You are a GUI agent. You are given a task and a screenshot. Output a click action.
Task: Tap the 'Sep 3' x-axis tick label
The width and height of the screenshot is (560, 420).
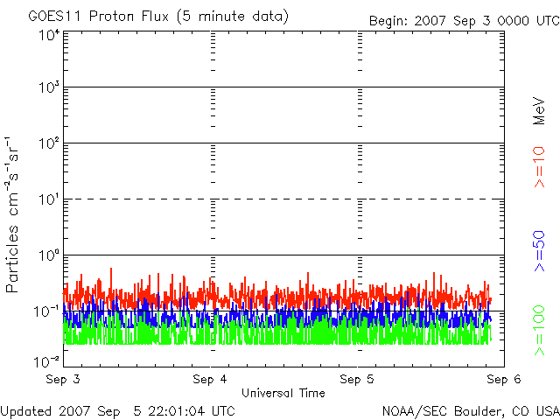coord(63,379)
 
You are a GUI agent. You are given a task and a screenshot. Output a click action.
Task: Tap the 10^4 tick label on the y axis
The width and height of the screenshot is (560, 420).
coord(47,34)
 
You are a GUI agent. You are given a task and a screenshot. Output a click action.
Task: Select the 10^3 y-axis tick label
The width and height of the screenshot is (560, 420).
coord(47,88)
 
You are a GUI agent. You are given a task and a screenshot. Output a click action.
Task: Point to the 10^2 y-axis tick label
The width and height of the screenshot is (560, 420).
coord(47,144)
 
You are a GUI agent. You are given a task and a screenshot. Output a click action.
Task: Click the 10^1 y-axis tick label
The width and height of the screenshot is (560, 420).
coord(47,200)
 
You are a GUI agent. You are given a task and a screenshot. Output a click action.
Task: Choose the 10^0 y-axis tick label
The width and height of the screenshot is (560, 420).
coord(47,256)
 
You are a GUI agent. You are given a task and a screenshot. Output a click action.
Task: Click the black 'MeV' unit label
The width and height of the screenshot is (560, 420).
coord(540,110)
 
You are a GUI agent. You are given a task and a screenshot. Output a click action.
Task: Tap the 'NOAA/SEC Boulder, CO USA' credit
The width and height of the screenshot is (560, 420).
coord(470,410)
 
